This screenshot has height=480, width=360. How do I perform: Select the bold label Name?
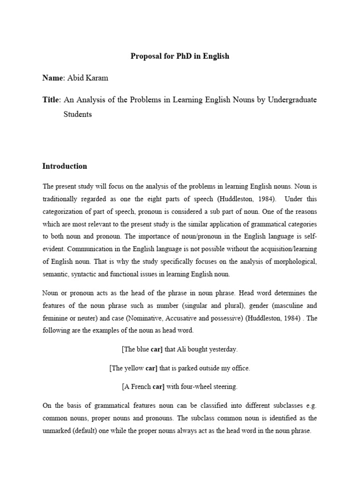tap(52, 78)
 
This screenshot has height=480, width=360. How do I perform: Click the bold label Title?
tap(51, 100)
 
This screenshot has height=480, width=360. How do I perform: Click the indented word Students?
tap(77, 114)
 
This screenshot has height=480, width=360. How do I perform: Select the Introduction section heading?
tap(65, 166)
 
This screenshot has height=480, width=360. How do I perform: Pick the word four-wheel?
tap(193, 387)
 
